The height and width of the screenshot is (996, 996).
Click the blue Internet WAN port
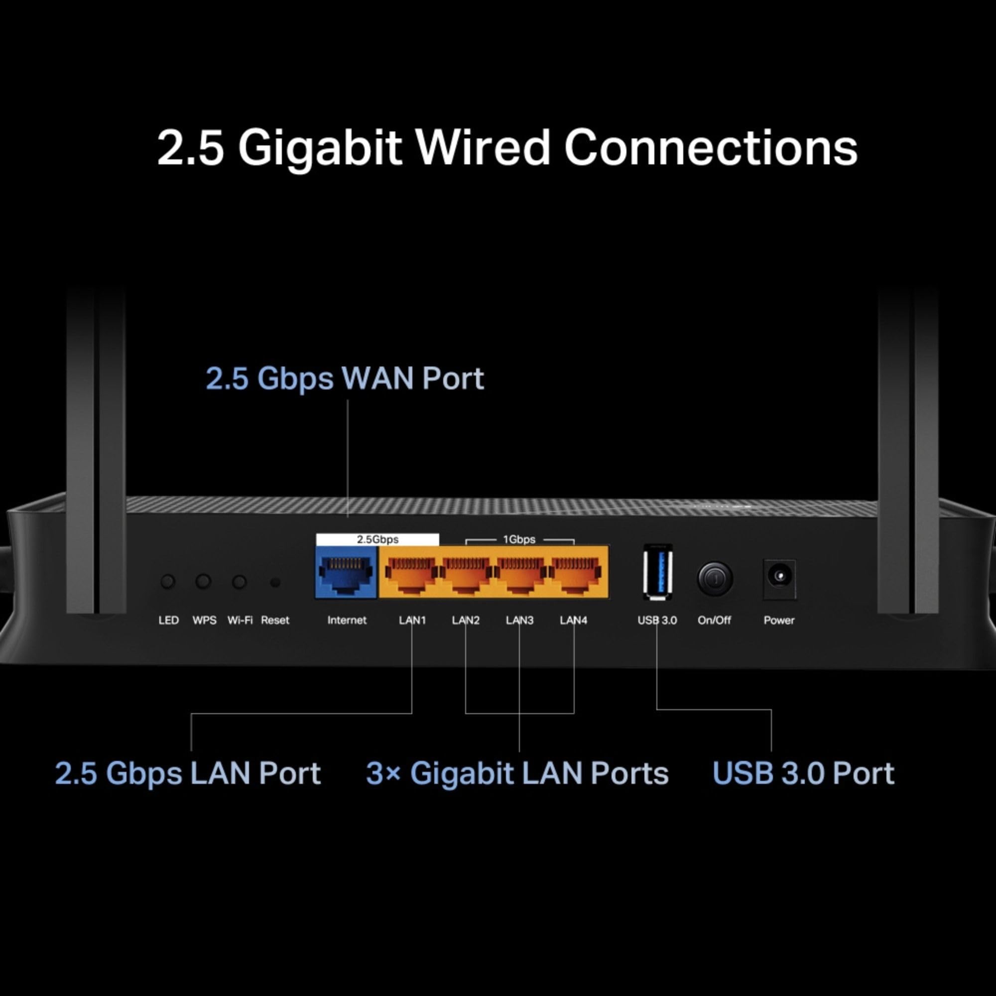346,572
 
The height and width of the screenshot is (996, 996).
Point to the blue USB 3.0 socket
657,572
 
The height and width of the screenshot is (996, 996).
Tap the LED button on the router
168,582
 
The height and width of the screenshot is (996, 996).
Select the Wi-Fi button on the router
239,582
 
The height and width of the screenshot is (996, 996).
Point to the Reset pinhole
275,583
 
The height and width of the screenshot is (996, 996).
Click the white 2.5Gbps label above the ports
377,539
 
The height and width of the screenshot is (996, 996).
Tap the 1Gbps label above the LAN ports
519,539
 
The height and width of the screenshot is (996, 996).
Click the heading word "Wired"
483,148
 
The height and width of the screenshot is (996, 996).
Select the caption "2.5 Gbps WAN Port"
345,378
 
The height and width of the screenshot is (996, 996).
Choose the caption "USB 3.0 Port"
803,773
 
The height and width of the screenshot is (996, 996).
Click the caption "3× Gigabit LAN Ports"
517,773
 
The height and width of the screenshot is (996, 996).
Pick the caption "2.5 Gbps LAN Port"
188,773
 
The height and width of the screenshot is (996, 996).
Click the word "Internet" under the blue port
347,620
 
